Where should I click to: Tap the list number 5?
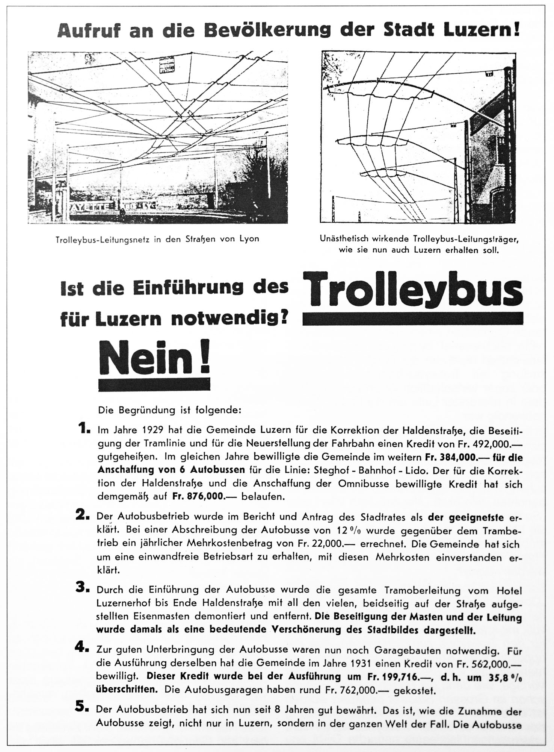(84, 707)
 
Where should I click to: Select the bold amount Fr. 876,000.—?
(201, 497)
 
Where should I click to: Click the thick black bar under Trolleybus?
(412, 318)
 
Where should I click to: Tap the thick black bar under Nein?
(154, 384)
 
